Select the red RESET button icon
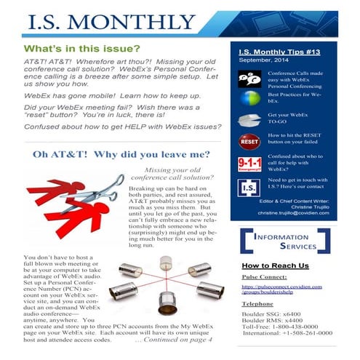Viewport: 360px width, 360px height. pos(250,140)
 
